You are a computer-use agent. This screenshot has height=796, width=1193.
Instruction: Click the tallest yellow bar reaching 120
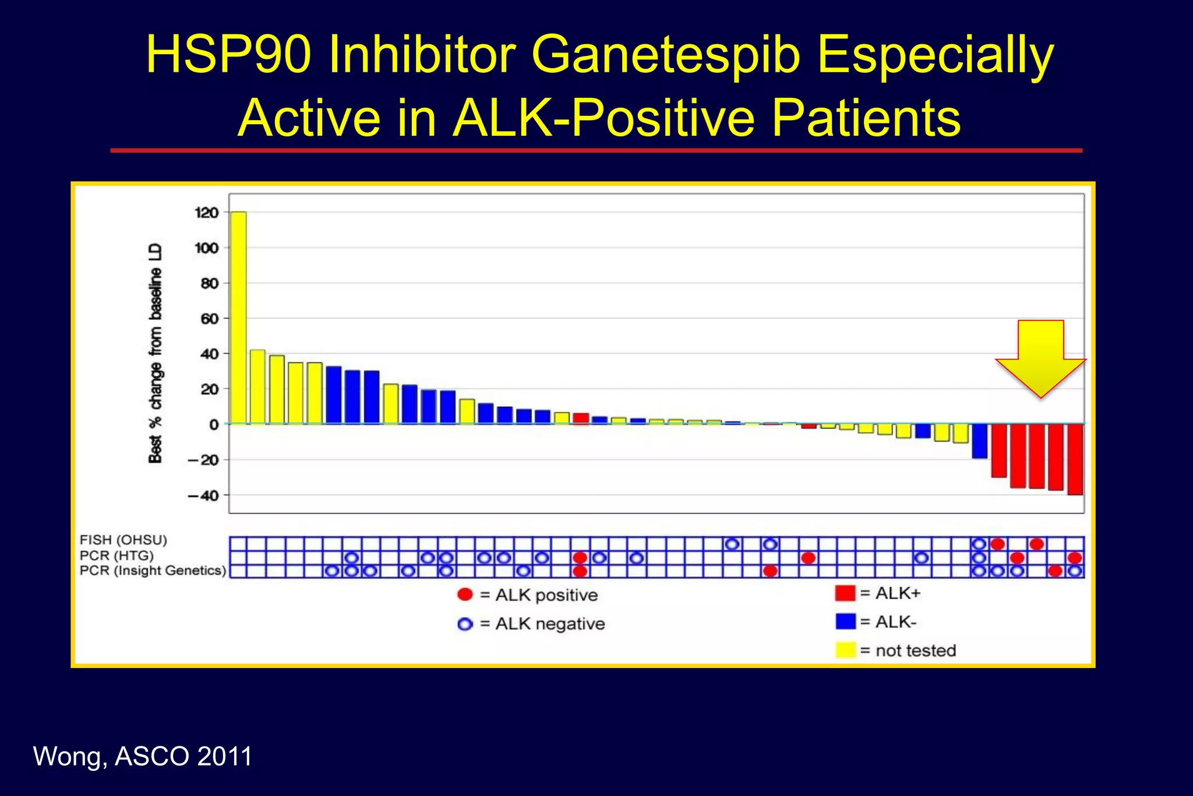(x=238, y=318)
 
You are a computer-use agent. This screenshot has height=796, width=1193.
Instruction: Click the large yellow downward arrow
(x=1040, y=358)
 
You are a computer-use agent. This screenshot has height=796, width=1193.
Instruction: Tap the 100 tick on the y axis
(x=206, y=248)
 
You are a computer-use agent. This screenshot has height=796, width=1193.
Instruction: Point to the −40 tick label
(x=203, y=496)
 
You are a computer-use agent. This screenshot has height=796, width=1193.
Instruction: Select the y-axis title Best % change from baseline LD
(x=155, y=353)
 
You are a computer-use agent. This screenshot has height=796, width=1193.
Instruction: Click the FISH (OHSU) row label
(x=123, y=540)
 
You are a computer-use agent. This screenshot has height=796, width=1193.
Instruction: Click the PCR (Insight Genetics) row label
(x=153, y=570)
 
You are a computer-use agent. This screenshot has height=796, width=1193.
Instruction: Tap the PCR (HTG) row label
(x=117, y=555)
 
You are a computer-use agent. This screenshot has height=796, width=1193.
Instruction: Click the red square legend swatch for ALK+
(x=845, y=593)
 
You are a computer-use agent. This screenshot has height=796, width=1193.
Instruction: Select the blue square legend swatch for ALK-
(x=845, y=621)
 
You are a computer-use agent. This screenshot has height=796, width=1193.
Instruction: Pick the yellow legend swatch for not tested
(x=845, y=650)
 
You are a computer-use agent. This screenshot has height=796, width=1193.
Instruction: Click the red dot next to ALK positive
(x=465, y=594)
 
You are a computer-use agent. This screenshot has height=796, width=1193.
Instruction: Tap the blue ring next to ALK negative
(x=465, y=624)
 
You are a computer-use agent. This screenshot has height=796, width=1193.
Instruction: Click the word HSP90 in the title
(x=228, y=55)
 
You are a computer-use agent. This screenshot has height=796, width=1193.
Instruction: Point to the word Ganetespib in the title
(x=666, y=55)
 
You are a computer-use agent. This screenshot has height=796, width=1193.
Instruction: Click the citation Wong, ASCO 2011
(x=143, y=756)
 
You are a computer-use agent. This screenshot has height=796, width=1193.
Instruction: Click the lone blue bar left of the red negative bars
(x=979, y=441)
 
